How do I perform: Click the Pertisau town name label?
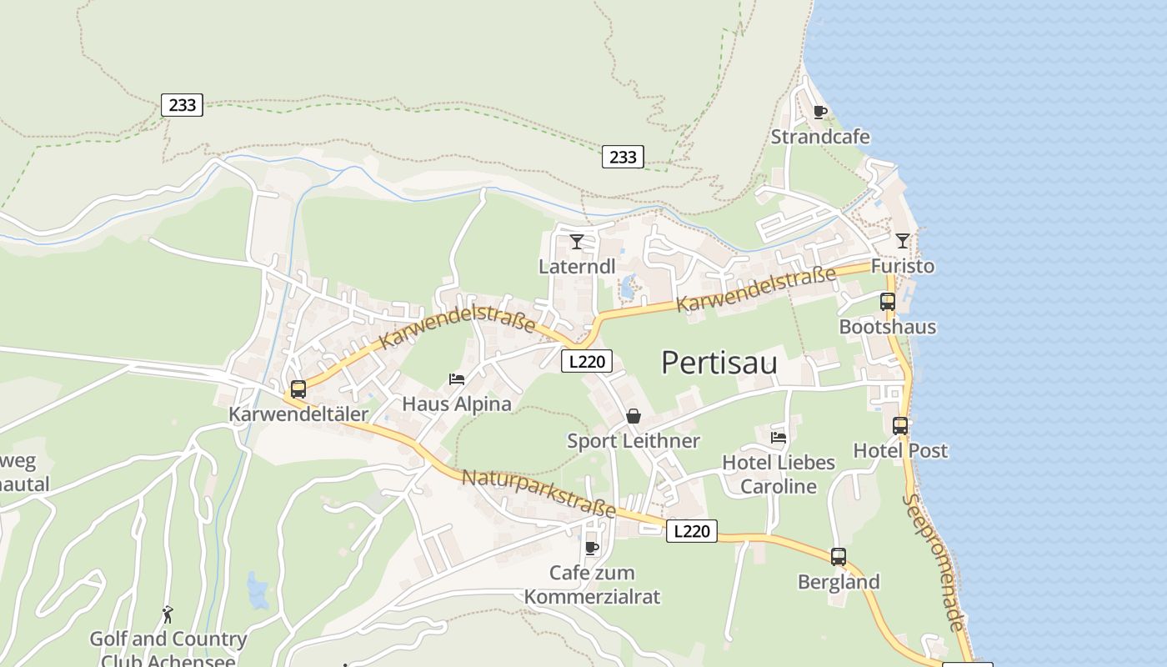pos(719,363)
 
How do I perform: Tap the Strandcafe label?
pos(820,137)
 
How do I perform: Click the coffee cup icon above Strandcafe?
pos(820,112)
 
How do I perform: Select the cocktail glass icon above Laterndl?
pos(577,242)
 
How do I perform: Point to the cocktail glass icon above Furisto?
pos(903,241)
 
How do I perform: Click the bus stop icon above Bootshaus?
pos(887,302)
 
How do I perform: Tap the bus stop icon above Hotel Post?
pos(900,425)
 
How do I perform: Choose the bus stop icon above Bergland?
pos(839,557)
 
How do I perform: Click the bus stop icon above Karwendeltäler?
pos(298,389)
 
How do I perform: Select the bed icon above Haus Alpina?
pos(457,379)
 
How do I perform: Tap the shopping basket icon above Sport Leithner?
pos(634,415)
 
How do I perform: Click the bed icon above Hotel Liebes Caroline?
pos(779,436)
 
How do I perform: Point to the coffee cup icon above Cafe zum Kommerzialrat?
pos(592,548)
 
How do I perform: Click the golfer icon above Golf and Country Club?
pos(168,614)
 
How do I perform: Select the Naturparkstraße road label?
pos(538,493)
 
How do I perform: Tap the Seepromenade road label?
pos(934,561)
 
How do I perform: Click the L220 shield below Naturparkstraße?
pos(691,531)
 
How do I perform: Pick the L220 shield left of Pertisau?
pos(587,361)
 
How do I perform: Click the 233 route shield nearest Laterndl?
pos(623,157)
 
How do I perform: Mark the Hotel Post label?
pos(900,451)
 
